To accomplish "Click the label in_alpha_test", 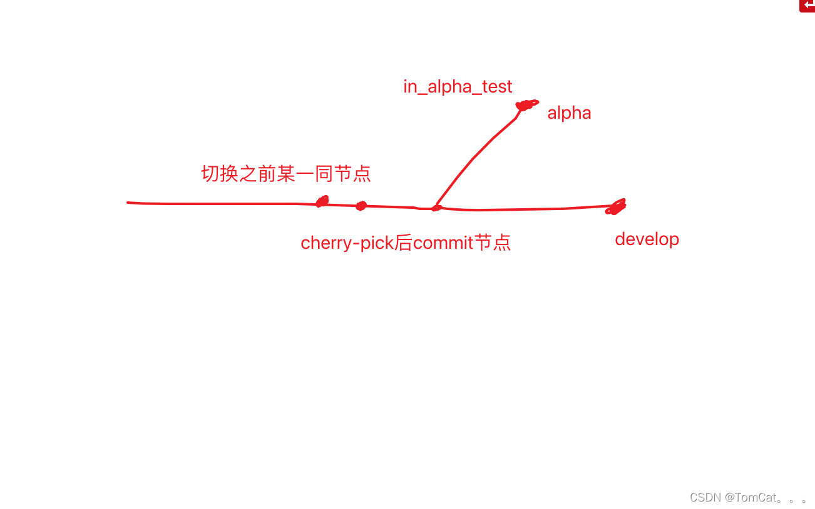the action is (458, 87).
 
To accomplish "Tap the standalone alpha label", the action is (569, 113).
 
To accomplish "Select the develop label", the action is (647, 239).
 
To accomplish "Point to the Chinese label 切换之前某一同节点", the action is (286, 174).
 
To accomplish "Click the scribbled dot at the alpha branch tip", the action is (525, 105).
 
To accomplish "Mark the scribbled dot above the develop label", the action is (616, 207).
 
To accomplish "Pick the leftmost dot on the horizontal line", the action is (322, 201).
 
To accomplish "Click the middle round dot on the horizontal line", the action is (361, 206).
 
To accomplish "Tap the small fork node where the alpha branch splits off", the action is (436, 208).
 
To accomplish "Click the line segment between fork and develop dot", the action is (526, 209).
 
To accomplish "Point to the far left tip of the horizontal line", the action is (128, 203).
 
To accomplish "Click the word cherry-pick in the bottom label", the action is (346, 243).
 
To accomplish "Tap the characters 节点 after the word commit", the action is (493, 243).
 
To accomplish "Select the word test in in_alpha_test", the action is (497, 87).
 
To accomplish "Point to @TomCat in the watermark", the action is (751, 498).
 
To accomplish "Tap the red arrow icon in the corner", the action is (807, 6).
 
